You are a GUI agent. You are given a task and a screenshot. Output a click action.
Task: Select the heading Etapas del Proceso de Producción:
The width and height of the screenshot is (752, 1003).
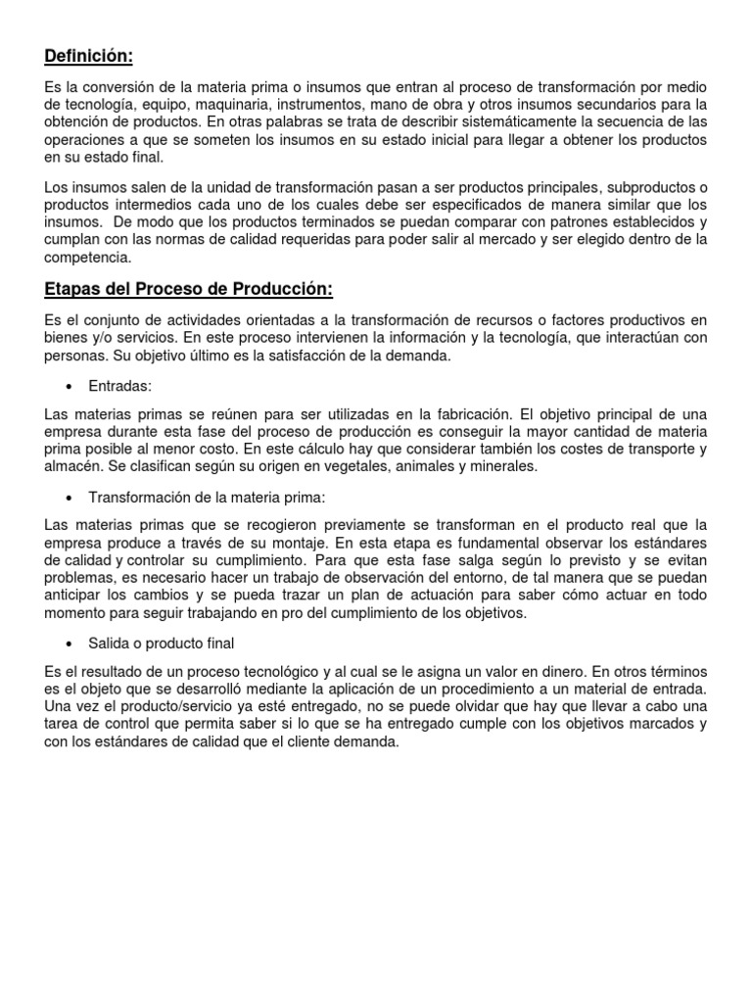point(189,289)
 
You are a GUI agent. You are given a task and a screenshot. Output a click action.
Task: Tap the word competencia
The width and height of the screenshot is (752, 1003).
point(87,258)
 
